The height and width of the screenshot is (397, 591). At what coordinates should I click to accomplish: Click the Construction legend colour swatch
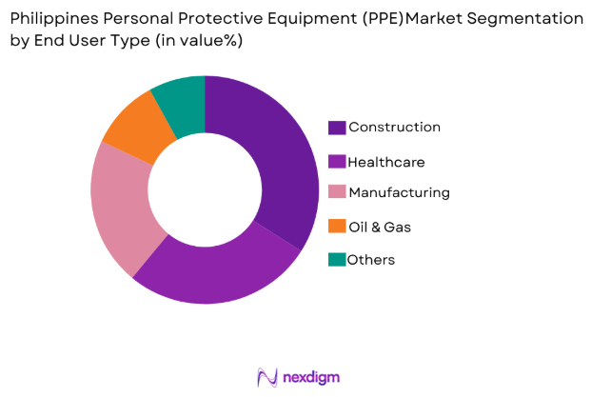[337, 128]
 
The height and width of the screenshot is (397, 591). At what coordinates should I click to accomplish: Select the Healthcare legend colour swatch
[337, 162]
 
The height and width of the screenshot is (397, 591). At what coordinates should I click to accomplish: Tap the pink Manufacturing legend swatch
[337, 193]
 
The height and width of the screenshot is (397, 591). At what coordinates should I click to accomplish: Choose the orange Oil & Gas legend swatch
[337, 227]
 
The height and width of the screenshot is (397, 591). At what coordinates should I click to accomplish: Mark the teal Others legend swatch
[337, 259]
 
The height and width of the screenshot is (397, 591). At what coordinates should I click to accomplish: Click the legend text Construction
[394, 128]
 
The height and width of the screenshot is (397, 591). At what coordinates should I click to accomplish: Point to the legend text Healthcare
[386, 162]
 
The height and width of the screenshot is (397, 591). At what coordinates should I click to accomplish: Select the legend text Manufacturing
[399, 193]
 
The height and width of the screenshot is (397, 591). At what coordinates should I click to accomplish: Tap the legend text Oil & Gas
[380, 227]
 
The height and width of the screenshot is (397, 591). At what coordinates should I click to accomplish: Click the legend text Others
[370, 259]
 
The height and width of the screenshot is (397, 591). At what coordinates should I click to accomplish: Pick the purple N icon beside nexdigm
[267, 377]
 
